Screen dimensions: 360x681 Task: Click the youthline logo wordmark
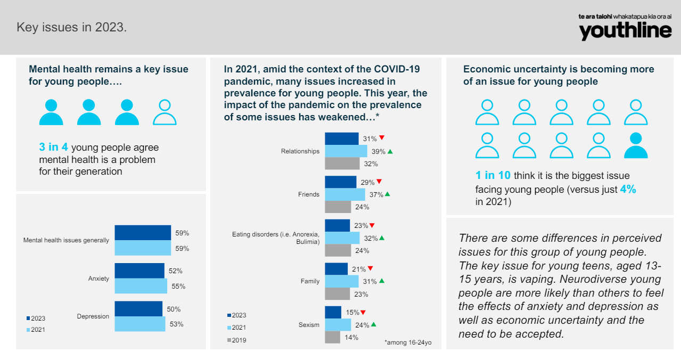tap(625, 31)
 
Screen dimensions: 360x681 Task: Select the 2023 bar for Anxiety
tap(140, 271)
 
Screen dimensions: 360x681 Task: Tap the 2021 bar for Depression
tap(140, 324)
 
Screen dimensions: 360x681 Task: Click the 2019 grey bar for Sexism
tap(332, 337)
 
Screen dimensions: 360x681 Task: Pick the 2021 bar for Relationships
tap(346, 151)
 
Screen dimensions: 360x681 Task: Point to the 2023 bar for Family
tap(336, 268)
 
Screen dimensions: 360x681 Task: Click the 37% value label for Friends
tap(376, 194)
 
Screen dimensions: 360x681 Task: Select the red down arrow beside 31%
tap(381, 138)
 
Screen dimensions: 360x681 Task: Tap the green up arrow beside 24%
tap(373, 324)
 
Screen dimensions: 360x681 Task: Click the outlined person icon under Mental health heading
tap(165, 112)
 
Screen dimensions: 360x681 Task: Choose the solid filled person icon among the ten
tap(636, 145)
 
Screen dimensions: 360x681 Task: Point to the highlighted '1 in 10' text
tap(493, 176)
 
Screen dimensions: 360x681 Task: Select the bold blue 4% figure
tap(628, 189)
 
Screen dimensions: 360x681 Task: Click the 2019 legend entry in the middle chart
tap(237, 340)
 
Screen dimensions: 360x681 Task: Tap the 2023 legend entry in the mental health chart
tap(36, 318)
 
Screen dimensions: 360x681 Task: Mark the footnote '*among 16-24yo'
tap(408, 343)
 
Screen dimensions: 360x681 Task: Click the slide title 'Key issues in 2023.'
tap(72, 27)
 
